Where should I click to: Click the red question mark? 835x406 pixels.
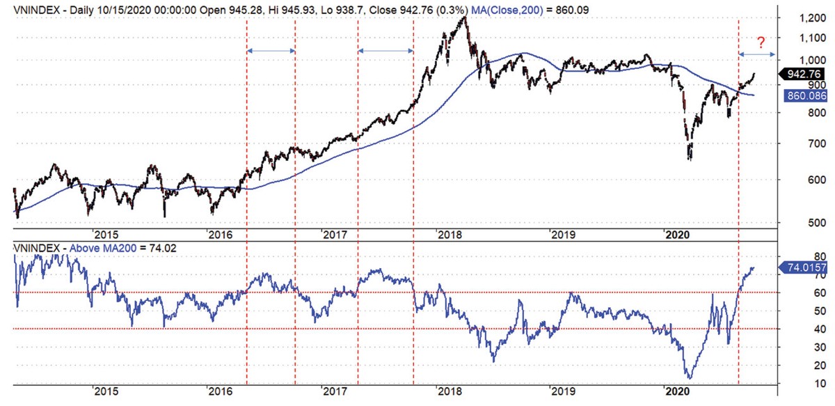[x=763, y=41]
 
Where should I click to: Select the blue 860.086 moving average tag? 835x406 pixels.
[x=804, y=96]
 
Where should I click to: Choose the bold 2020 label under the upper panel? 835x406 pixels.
[x=676, y=235]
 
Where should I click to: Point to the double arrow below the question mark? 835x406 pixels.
[x=756, y=54]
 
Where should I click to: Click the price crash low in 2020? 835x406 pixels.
[x=690, y=159]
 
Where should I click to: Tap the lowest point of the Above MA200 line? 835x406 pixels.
[x=690, y=378]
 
